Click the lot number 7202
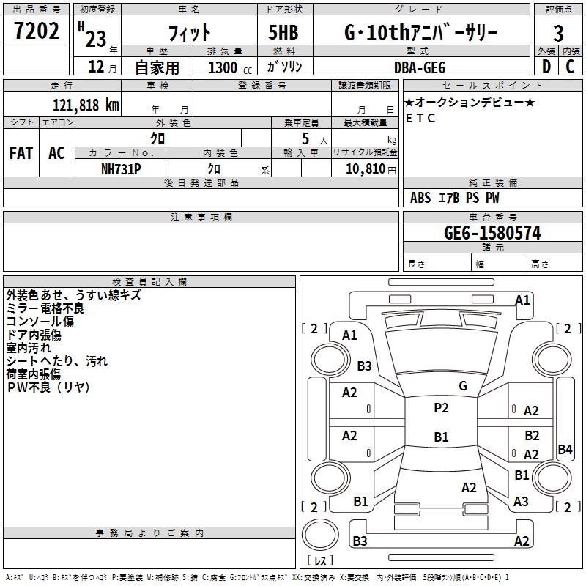[36, 31]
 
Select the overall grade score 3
[558, 33]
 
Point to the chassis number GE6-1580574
[492, 233]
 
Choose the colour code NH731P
[121, 168]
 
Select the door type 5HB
[283, 33]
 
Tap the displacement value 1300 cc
[227, 67]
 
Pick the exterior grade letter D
[546, 67]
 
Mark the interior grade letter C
[570, 67]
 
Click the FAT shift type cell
[21, 153]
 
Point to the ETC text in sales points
[420, 118]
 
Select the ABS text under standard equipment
[420, 198]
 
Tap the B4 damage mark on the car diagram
[565, 450]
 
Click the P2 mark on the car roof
[441, 408]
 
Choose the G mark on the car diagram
[463, 385]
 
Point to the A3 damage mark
[521, 502]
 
